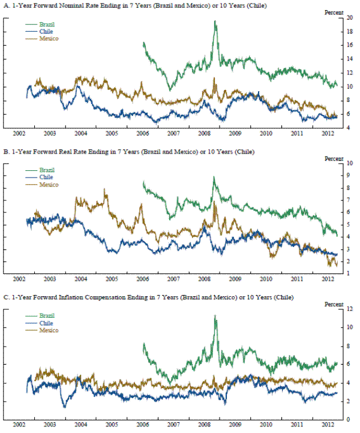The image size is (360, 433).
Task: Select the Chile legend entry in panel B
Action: pos(45,178)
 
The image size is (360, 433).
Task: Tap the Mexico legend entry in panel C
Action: pos(48,330)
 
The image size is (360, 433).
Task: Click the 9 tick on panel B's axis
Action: pos(349,175)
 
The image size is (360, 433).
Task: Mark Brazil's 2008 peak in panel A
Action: pos(215,22)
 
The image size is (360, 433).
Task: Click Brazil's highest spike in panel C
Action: pos(215,316)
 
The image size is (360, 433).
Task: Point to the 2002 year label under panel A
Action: pos(19,134)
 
